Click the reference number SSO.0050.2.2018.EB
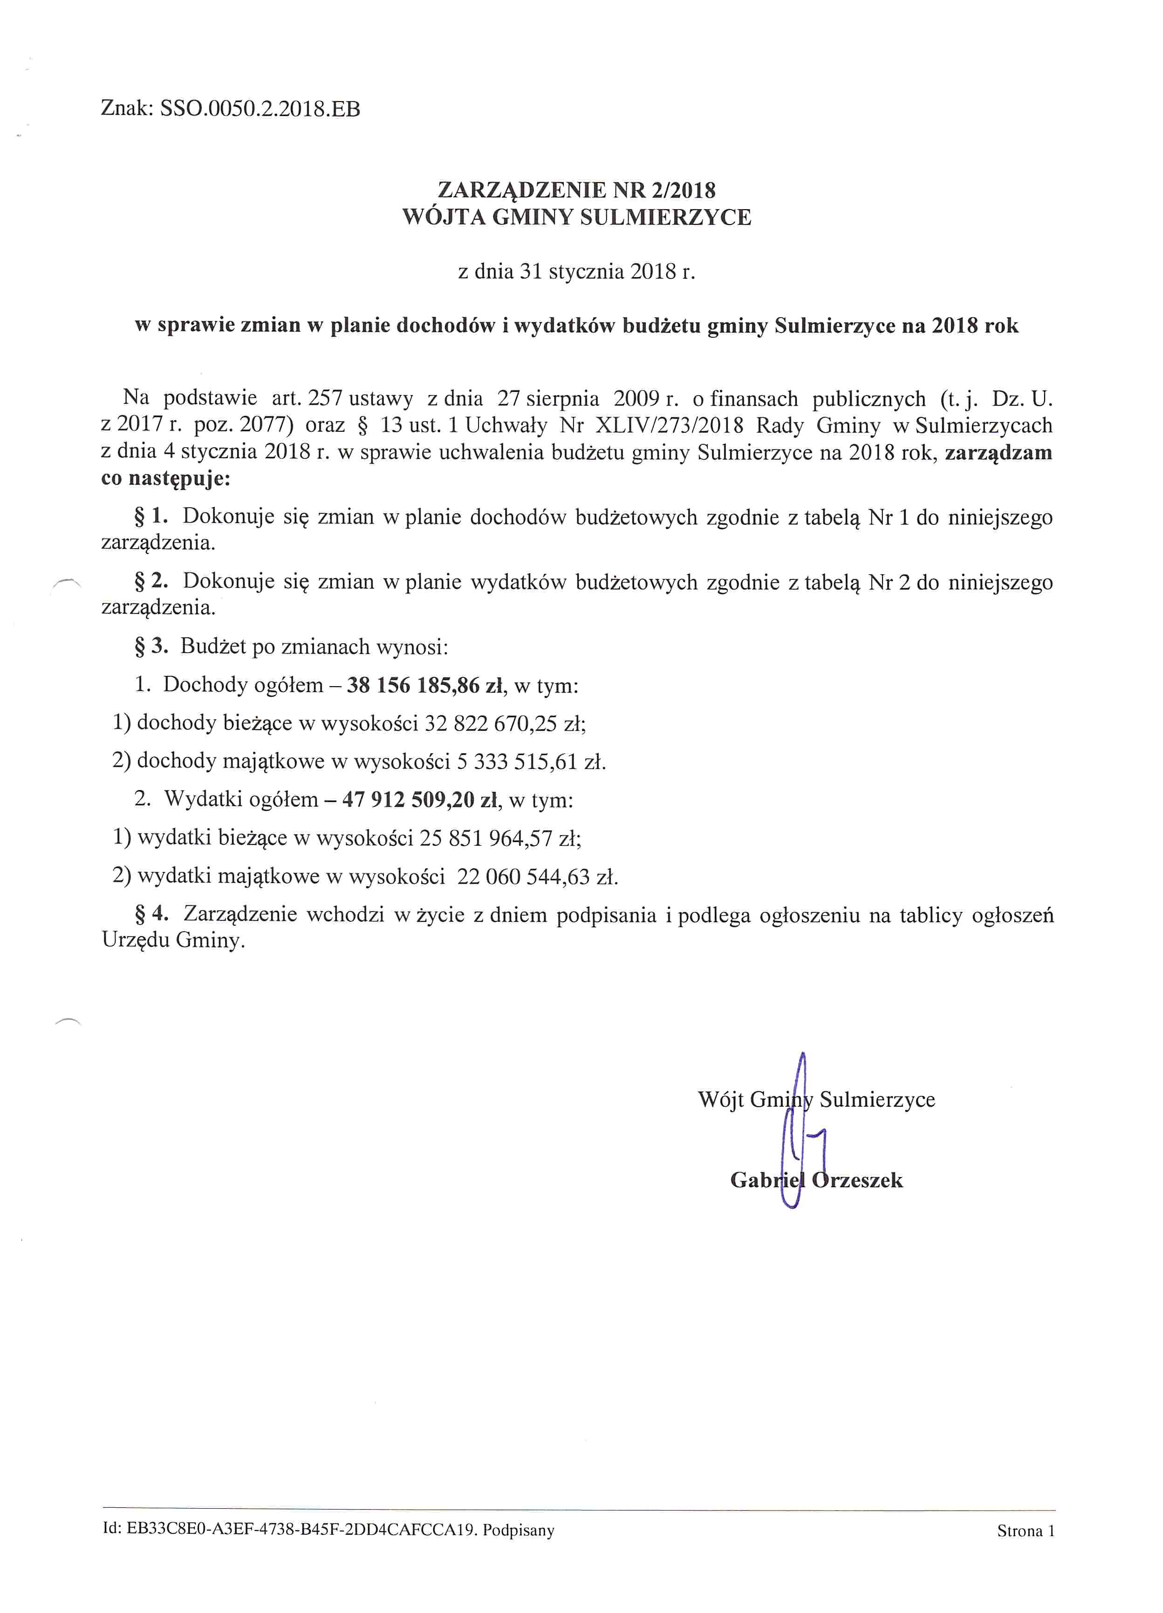(x=260, y=109)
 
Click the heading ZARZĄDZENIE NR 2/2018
(x=576, y=190)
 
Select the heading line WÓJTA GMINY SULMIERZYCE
(x=576, y=217)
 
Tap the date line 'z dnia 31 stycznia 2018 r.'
(x=576, y=272)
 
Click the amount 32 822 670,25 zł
(x=504, y=723)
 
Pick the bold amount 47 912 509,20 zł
(x=420, y=800)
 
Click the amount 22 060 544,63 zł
(x=537, y=877)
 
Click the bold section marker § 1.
(x=151, y=517)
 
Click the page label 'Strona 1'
(x=1025, y=1531)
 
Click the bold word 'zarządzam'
(x=998, y=453)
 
